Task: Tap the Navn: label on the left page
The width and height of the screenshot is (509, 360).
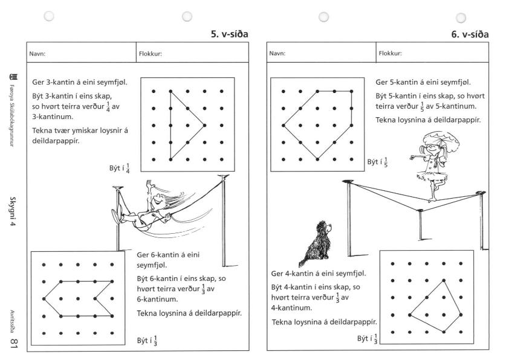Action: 38,53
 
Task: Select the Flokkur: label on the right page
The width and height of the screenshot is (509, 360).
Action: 390,53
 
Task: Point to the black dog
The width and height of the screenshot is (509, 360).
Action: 314,243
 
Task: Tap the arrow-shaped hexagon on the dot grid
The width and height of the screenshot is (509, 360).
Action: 79,298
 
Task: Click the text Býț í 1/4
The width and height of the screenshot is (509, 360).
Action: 120,167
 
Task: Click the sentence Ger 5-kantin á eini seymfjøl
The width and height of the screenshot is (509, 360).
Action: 423,82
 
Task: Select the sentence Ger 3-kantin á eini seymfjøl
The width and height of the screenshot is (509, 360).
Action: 79,82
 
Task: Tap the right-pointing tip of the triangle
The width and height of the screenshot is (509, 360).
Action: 205,126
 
